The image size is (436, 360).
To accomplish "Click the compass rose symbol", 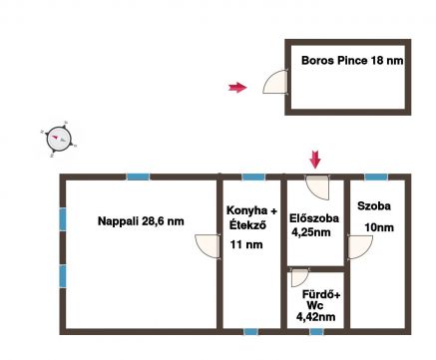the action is pyautogui.click(x=59, y=139).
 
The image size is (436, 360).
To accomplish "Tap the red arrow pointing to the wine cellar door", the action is pyautogui.click(x=237, y=88).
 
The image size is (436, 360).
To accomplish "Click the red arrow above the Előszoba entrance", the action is pyautogui.click(x=315, y=160).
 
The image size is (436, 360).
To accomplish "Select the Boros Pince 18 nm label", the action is pyautogui.click(x=352, y=61).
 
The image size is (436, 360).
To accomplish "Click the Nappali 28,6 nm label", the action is pyautogui.click(x=141, y=221).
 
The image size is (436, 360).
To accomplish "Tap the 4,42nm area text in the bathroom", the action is pyautogui.click(x=315, y=317).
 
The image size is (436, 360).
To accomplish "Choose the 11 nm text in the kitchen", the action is pyautogui.click(x=246, y=245).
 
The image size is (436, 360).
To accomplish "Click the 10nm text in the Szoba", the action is pyautogui.click(x=379, y=227).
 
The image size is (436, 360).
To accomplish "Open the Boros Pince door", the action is pyautogui.click(x=275, y=82).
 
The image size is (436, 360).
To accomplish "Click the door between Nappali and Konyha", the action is pyautogui.click(x=208, y=246).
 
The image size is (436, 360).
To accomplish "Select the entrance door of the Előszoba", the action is pyautogui.click(x=317, y=187).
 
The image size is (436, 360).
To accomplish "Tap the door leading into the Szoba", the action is pyautogui.click(x=360, y=246).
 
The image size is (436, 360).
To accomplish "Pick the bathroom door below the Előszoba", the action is pyautogui.click(x=299, y=278).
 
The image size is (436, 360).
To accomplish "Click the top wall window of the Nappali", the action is pyautogui.click(x=138, y=177).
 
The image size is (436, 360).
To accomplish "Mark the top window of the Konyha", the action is pyautogui.click(x=253, y=177).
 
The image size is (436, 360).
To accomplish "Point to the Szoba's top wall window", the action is pyautogui.click(x=376, y=177).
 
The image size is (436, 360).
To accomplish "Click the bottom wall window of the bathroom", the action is pyautogui.click(x=316, y=331).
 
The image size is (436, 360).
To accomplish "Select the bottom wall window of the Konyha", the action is pyautogui.click(x=250, y=331).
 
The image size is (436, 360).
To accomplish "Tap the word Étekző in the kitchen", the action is pyautogui.click(x=247, y=225).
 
